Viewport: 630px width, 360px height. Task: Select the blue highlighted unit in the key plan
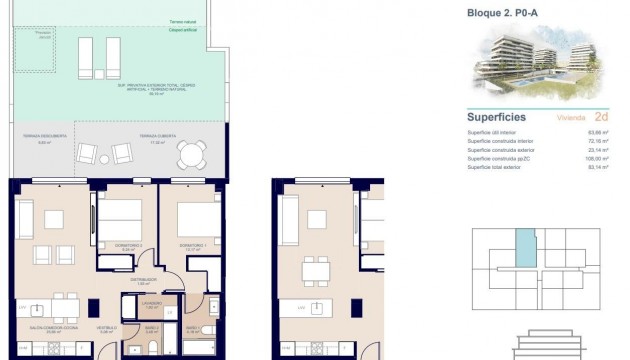tap(525, 247)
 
